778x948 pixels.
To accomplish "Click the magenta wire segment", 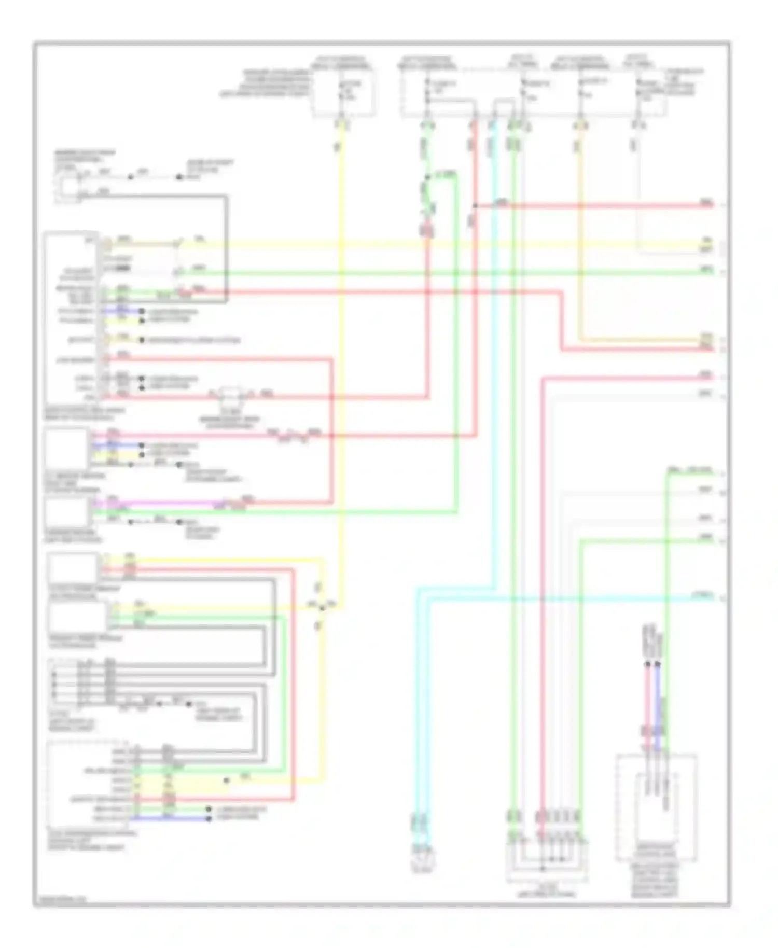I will point(156,503).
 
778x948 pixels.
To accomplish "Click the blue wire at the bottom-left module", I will point(166,818).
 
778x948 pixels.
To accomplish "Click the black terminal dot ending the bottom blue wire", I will point(209,818).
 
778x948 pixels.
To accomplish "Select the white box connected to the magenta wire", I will point(66,511).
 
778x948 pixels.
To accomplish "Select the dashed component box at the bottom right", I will point(656,806).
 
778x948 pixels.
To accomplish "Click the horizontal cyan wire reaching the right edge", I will point(571,598).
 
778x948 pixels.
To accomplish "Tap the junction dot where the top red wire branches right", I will point(475,206).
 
